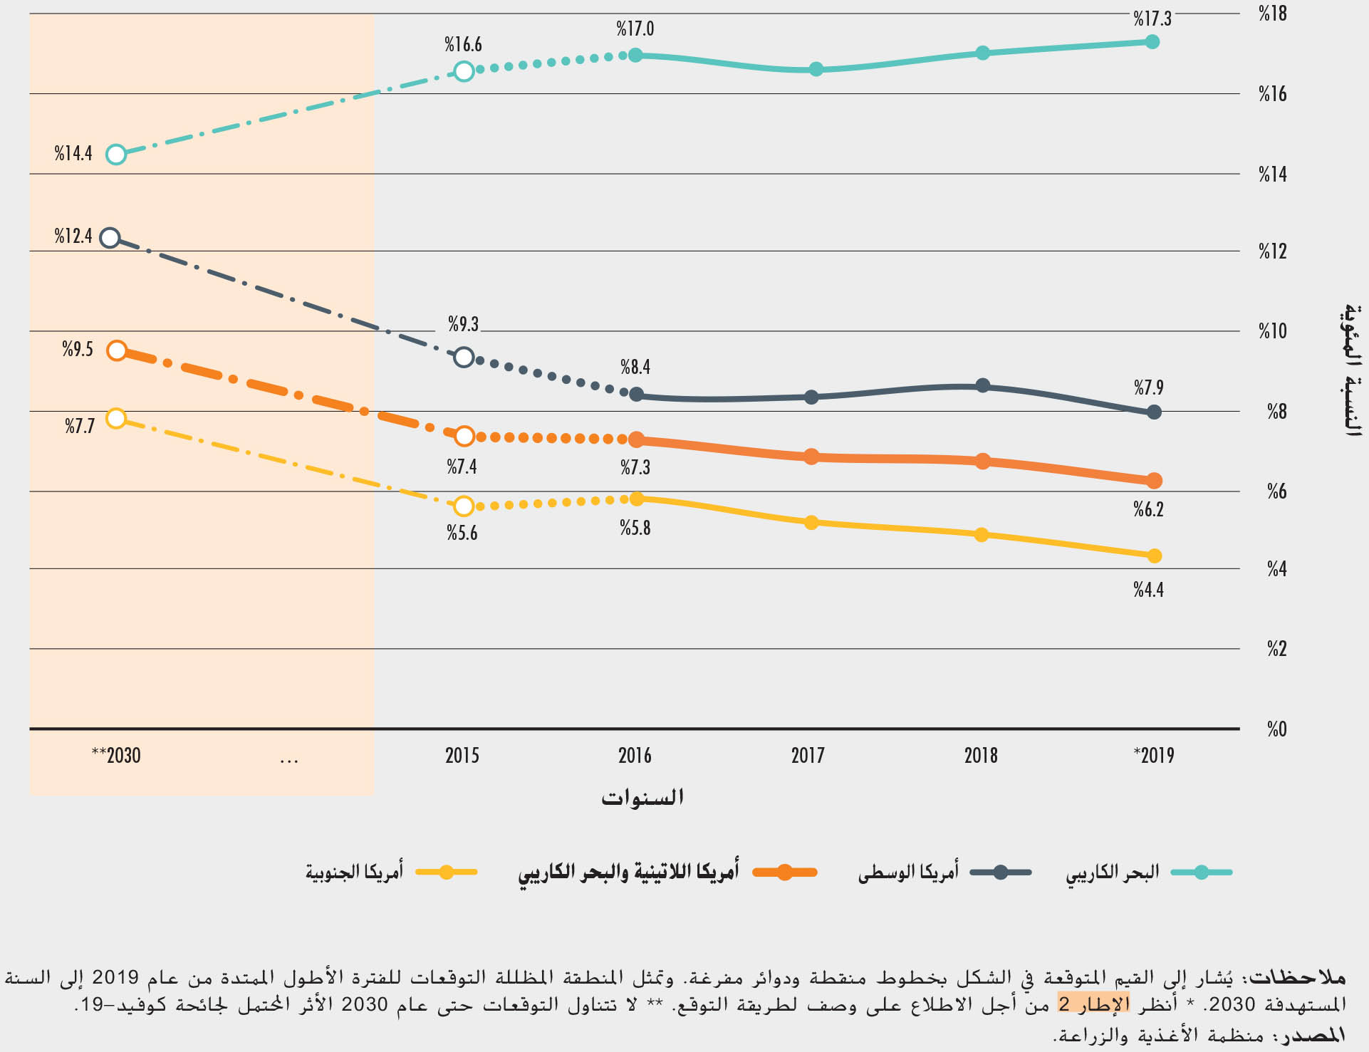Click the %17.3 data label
coord(1152,19)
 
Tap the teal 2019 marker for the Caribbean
coord(1152,42)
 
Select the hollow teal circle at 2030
coord(116,155)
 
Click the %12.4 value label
coord(73,236)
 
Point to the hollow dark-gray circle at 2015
coord(464,357)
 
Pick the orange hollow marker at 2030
coord(117,350)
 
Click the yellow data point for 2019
coord(1154,556)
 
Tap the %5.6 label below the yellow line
coord(462,533)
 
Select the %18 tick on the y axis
coord(1272,14)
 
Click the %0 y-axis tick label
coord(1276,729)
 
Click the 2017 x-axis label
coord(808,755)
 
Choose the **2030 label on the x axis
coord(116,755)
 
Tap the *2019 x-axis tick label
coord(1154,755)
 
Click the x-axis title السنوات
coord(642,797)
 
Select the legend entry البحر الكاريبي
coord(1112,873)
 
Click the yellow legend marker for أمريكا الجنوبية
coord(446,873)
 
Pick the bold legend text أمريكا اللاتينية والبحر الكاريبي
coord(628,873)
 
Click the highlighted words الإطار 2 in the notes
coord(1093,1004)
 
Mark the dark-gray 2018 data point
coord(983,386)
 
